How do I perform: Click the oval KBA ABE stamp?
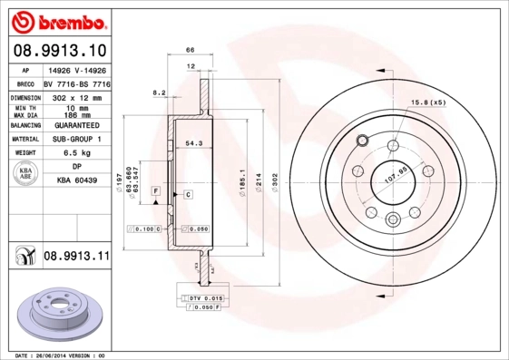(26, 175)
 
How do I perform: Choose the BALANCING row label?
(24, 125)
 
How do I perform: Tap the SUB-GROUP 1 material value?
(75, 140)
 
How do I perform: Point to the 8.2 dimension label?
(160, 92)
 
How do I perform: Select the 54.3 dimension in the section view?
(193, 142)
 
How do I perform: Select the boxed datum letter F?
(156, 191)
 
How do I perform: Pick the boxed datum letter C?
(188, 194)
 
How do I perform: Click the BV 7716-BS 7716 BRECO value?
(75, 82)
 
